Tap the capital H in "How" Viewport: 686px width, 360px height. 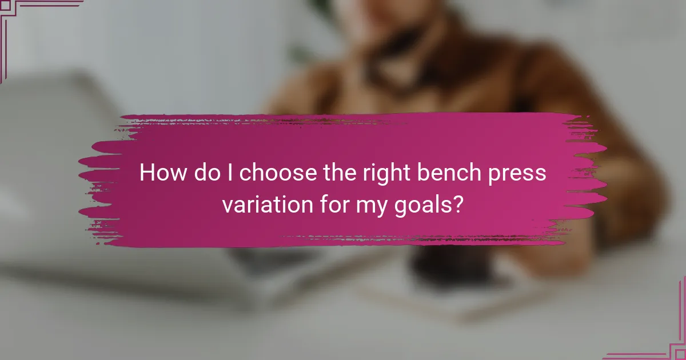[147, 173]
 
